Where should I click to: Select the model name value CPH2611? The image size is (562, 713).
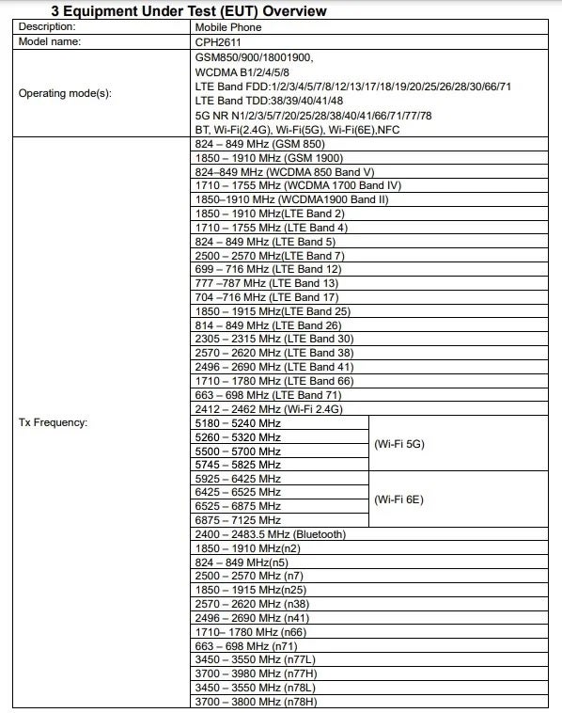pos(215,40)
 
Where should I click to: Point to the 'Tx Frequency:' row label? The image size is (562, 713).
pos(53,422)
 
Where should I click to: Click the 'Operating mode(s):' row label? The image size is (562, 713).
pos(65,94)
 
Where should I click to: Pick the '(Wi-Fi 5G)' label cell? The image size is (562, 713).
pos(398,443)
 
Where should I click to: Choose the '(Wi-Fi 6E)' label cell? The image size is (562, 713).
pos(398,499)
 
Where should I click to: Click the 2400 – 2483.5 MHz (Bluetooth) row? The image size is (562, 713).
pos(270,534)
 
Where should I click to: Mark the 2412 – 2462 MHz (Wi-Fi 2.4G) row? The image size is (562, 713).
pos(268,408)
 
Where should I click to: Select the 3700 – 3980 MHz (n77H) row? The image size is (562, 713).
pos(254,673)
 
